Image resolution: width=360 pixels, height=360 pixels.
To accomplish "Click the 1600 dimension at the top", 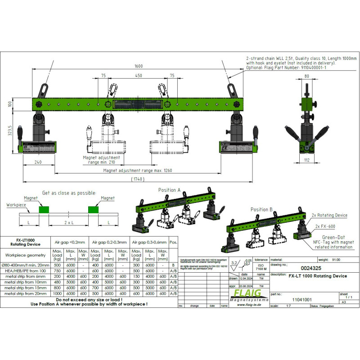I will (x=139, y=66).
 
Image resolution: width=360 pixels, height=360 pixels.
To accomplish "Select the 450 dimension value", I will (x=139, y=76).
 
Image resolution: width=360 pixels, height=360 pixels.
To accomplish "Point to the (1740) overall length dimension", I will (x=139, y=179).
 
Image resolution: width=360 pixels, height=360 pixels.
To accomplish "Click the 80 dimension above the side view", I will (x=306, y=76).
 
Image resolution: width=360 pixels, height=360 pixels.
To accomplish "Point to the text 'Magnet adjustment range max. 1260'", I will (x=138, y=171).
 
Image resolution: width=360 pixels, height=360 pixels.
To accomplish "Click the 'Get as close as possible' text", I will (x=69, y=193).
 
